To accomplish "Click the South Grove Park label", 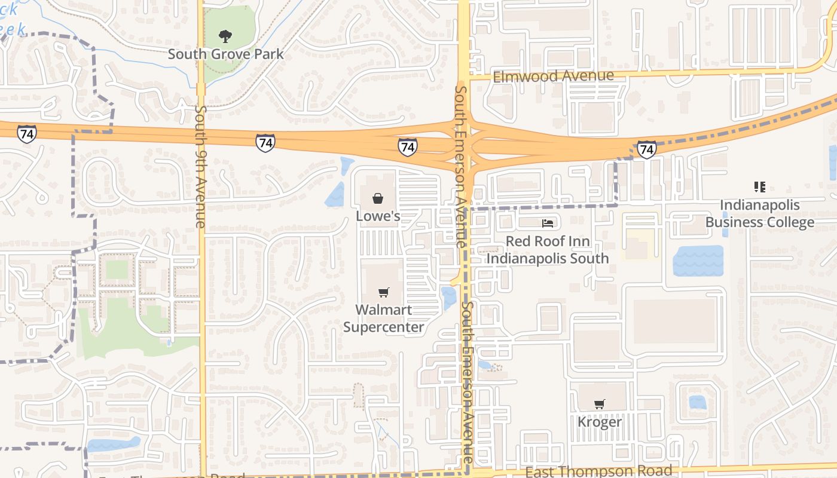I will (x=225, y=54).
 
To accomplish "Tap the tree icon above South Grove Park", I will (x=225, y=36).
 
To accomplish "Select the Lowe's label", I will (x=378, y=216).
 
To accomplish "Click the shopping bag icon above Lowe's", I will (x=378, y=198).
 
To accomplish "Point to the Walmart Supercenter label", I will (x=383, y=318).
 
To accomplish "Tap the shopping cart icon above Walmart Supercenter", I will (x=383, y=292).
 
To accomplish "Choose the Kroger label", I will (x=600, y=422).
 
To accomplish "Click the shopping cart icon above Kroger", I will (x=600, y=404).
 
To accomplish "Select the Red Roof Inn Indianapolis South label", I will (x=547, y=250).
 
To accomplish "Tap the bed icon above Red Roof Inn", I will (x=547, y=223).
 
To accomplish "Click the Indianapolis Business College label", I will (x=759, y=214).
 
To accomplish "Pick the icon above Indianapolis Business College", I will (x=760, y=187).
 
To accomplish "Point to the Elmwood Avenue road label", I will (x=553, y=76).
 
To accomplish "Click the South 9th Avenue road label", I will (x=200, y=167).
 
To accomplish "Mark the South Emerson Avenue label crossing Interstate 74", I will (x=461, y=166).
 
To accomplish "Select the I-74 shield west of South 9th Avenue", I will (x=26, y=133).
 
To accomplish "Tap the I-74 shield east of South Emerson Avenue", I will (x=646, y=149).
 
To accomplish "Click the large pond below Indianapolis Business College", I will (x=698, y=261).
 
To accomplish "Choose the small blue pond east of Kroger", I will (x=697, y=402).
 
